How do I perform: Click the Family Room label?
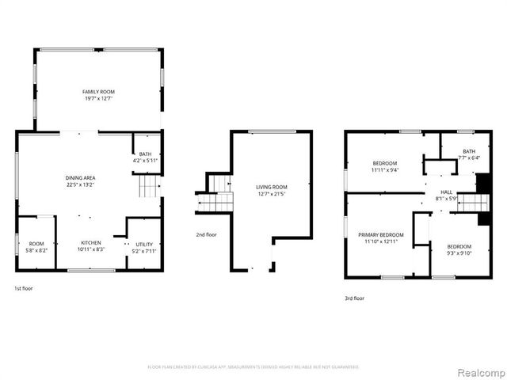tap(98, 93)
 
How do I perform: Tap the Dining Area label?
tap(81, 178)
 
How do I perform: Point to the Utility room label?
tap(144, 245)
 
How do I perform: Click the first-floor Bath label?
tap(146, 154)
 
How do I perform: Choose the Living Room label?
tap(271, 188)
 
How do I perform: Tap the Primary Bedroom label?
tap(380, 234)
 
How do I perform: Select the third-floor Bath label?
tap(469, 151)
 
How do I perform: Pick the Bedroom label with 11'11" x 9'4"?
tap(384, 163)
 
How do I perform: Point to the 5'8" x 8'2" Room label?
tap(36, 244)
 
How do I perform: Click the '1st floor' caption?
tap(24, 288)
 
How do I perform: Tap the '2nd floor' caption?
tap(207, 234)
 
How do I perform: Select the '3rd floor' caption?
tap(354, 298)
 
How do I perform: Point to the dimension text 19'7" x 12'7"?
tap(98, 98)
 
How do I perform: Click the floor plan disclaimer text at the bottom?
tap(253, 367)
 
